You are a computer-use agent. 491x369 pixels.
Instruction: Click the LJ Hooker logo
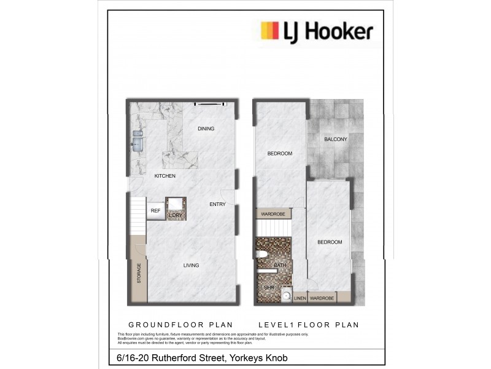pyautogui.click(x=317, y=31)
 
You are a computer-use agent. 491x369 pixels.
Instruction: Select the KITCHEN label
pyautogui.click(x=164, y=176)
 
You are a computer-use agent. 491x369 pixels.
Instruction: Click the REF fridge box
pyautogui.click(x=155, y=211)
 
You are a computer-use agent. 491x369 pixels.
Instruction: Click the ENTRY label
pyautogui.click(x=217, y=204)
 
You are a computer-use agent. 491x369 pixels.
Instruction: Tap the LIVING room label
pyautogui.click(x=191, y=265)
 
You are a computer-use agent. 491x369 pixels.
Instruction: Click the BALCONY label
pyautogui.click(x=336, y=139)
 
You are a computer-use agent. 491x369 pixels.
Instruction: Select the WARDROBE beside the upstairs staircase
pyautogui.click(x=274, y=214)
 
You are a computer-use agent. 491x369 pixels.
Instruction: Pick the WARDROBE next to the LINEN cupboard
pyautogui.click(x=322, y=298)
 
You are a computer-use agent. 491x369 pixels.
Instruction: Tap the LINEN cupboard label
pyautogui.click(x=300, y=298)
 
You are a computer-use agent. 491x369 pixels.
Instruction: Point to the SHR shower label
pyautogui.click(x=268, y=287)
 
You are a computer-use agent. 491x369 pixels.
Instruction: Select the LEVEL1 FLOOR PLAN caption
pyautogui.click(x=309, y=325)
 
